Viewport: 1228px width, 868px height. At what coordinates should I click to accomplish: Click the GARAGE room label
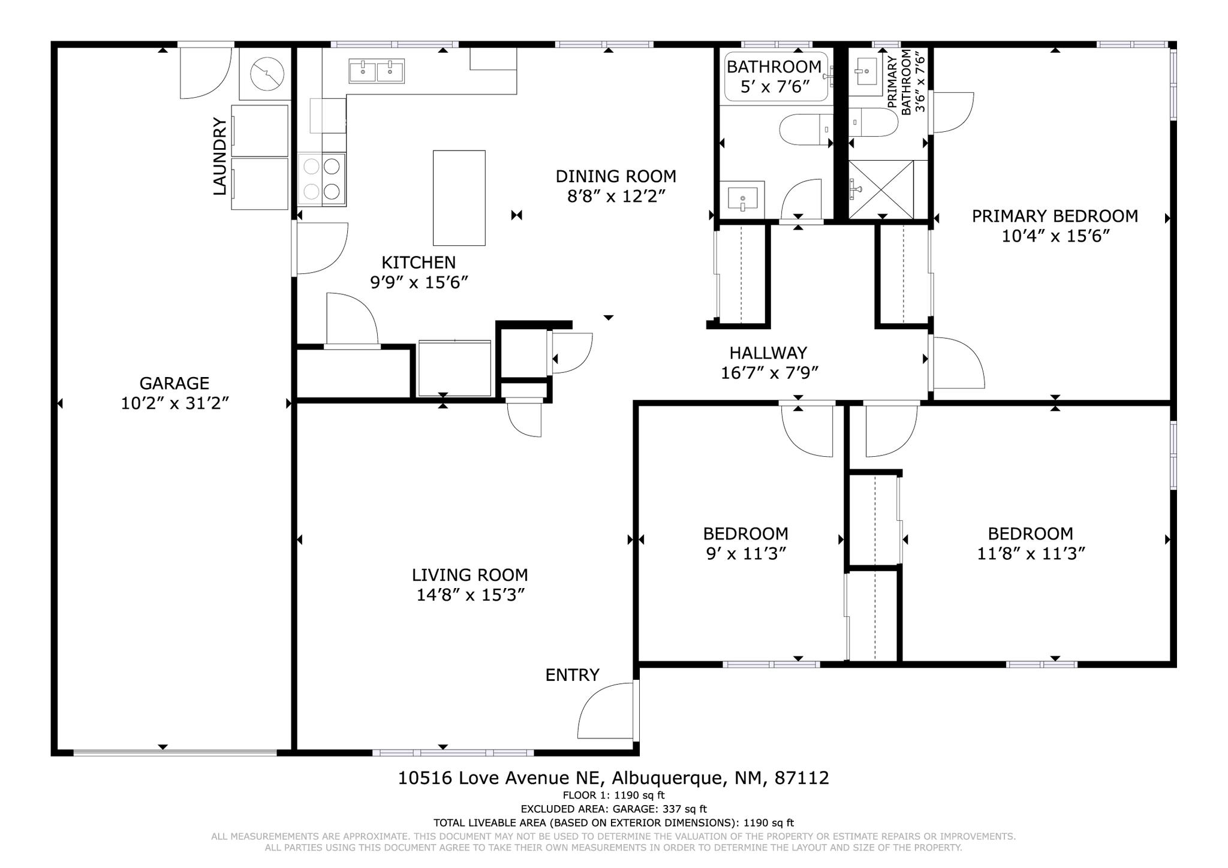coord(174,383)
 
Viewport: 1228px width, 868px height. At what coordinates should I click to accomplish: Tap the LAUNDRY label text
coord(220,156)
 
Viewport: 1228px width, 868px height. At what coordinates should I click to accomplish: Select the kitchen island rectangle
coord(459,198)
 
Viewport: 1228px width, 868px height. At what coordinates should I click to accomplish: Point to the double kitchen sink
coord(377,71)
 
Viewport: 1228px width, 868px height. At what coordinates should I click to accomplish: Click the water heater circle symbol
coord(266,74)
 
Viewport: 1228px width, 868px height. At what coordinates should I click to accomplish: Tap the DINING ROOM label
coord(616,176)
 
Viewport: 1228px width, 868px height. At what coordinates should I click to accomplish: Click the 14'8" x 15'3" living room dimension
coord(471,595)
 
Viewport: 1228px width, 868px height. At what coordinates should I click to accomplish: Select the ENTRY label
coord(572,675)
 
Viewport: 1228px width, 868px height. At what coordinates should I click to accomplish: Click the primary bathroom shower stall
coord(881,189)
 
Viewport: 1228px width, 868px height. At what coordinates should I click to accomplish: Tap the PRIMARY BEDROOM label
coord(1055,216)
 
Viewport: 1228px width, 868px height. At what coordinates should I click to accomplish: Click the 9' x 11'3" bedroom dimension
coord(746,553)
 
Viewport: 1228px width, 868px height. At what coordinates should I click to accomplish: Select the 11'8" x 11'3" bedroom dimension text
coord(1031,553)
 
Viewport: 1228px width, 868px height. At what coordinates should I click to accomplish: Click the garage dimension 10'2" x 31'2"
coord(175,403)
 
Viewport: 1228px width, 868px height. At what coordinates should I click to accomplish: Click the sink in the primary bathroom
coord(866,72)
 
